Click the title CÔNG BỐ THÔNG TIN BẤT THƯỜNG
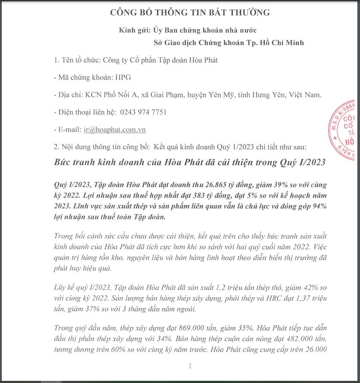click(x=190, y=12)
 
